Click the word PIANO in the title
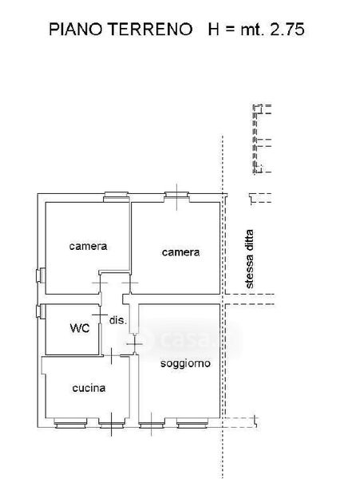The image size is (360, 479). point(75,30)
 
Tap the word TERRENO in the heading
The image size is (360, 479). point(151,30)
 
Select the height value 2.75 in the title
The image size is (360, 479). point(287,30)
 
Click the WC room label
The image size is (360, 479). point(80,328)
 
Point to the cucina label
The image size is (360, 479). point(89,388)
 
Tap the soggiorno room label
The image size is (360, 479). point(185,363)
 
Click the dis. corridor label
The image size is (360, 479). point(118,320)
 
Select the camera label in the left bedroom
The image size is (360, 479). point(88,246)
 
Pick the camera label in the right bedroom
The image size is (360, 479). point(180,252)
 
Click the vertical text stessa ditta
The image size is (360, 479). point(250,259)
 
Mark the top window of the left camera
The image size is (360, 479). point(116,197)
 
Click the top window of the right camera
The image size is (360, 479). point(176,197)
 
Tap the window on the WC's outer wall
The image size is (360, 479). point(41,311)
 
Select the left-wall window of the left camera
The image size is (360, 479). point(41,275)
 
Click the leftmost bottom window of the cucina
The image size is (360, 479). point(70,423)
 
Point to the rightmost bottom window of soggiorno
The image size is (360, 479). point(192,423)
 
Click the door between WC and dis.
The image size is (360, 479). point(100,315)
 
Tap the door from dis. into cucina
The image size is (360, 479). point(112,355)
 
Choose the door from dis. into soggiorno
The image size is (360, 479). point(134,344)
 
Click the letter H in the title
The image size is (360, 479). point(213,30)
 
